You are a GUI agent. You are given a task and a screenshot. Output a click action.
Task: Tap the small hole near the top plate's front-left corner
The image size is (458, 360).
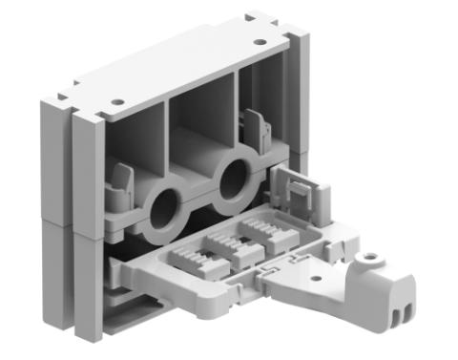click(x=116, y=101)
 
